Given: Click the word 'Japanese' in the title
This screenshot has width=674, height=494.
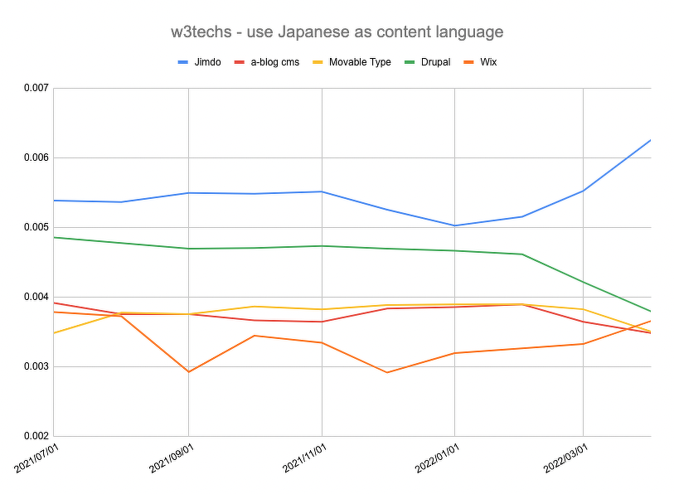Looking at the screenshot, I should coord(318,32).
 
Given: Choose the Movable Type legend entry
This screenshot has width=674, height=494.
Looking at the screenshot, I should coord(359,62).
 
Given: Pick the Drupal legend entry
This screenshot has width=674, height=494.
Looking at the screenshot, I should coord(434,62).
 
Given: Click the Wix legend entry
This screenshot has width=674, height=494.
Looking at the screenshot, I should coord(488,62).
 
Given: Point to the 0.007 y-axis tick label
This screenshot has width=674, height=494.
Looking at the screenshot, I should coord(34,88).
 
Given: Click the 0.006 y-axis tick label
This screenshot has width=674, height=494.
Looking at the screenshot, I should coord(34,157).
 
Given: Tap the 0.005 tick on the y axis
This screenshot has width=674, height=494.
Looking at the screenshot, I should coord(34,227).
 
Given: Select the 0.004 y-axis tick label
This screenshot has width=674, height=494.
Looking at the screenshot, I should coord(34,297).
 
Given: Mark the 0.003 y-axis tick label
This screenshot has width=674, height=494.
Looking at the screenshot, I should coord(34,366).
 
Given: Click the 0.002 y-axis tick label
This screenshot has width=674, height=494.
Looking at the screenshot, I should coord(34,436).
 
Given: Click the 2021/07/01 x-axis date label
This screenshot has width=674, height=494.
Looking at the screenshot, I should coord(39,458).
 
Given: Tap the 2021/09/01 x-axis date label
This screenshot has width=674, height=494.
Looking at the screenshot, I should coord(172,458).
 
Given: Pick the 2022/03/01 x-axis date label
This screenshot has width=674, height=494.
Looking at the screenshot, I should coord(567,458).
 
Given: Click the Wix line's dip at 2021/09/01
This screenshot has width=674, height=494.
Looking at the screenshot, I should coord(188,371).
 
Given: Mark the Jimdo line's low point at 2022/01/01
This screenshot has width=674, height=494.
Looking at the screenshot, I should coord(454,225).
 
